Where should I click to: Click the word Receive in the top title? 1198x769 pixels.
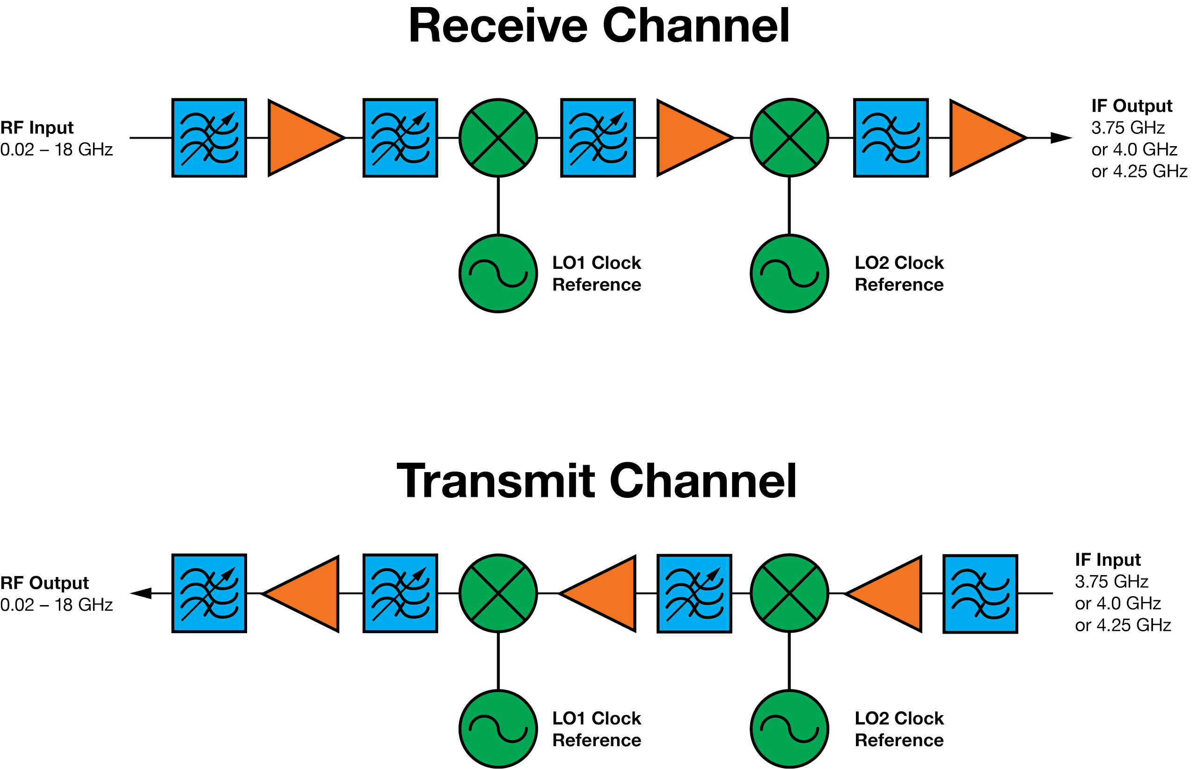[498, 26]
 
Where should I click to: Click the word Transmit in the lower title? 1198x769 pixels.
[496, 481]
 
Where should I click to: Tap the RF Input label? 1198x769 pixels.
[37, 128]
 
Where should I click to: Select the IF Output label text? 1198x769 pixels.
[1132, 106]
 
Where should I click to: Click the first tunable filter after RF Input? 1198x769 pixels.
[210, 138]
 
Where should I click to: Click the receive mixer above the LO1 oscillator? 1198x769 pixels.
[498, 137]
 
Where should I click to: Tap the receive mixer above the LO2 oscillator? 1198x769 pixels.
[789, 137]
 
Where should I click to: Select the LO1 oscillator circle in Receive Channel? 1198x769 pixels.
[498, 274]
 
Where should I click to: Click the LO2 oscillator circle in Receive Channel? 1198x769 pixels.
[789, 274]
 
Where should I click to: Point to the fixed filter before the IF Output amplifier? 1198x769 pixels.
[891, 138]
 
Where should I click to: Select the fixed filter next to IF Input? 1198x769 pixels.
[980, 593]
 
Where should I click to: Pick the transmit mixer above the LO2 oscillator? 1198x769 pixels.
[789, 593]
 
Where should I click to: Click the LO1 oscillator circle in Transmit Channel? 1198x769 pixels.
[498, 729]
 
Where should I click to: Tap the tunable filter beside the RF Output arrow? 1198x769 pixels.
[210, 593]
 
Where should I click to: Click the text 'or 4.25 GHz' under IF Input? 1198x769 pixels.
[1123, 625]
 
